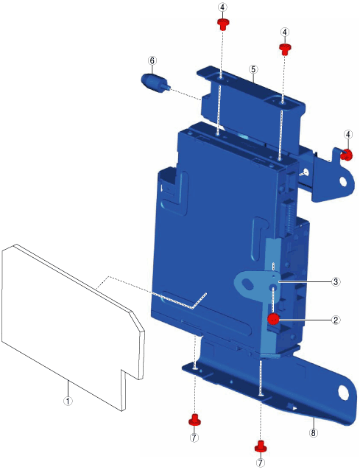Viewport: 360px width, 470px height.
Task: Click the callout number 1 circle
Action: click(x=68, y=401)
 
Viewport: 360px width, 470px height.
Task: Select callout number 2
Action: click(x=336, y=320)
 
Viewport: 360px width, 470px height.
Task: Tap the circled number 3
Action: click(x=336, y=281)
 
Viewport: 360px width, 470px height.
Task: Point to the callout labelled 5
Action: click(x=253, y=69)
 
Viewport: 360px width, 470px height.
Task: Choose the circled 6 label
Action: click(x=152, y=60)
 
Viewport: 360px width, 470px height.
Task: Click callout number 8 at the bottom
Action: click(x=314, y=432)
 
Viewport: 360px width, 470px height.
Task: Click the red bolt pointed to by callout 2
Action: click(x=273, y=319)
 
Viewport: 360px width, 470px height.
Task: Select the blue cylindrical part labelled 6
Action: click(x=155, y=83)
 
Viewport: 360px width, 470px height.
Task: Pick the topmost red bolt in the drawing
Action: click(x=222, y=24)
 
